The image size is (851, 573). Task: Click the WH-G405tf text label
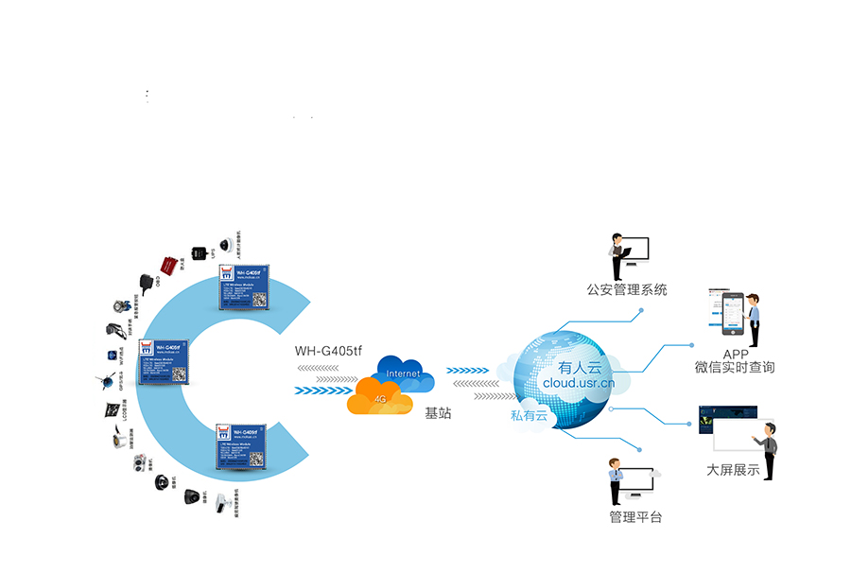328,350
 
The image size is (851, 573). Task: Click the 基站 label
438,413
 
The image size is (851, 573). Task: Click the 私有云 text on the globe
529,415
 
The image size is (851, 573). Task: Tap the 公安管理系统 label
627,289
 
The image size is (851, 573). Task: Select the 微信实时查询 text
735,367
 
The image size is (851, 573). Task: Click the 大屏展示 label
733,470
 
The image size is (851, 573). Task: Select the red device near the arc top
168,262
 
